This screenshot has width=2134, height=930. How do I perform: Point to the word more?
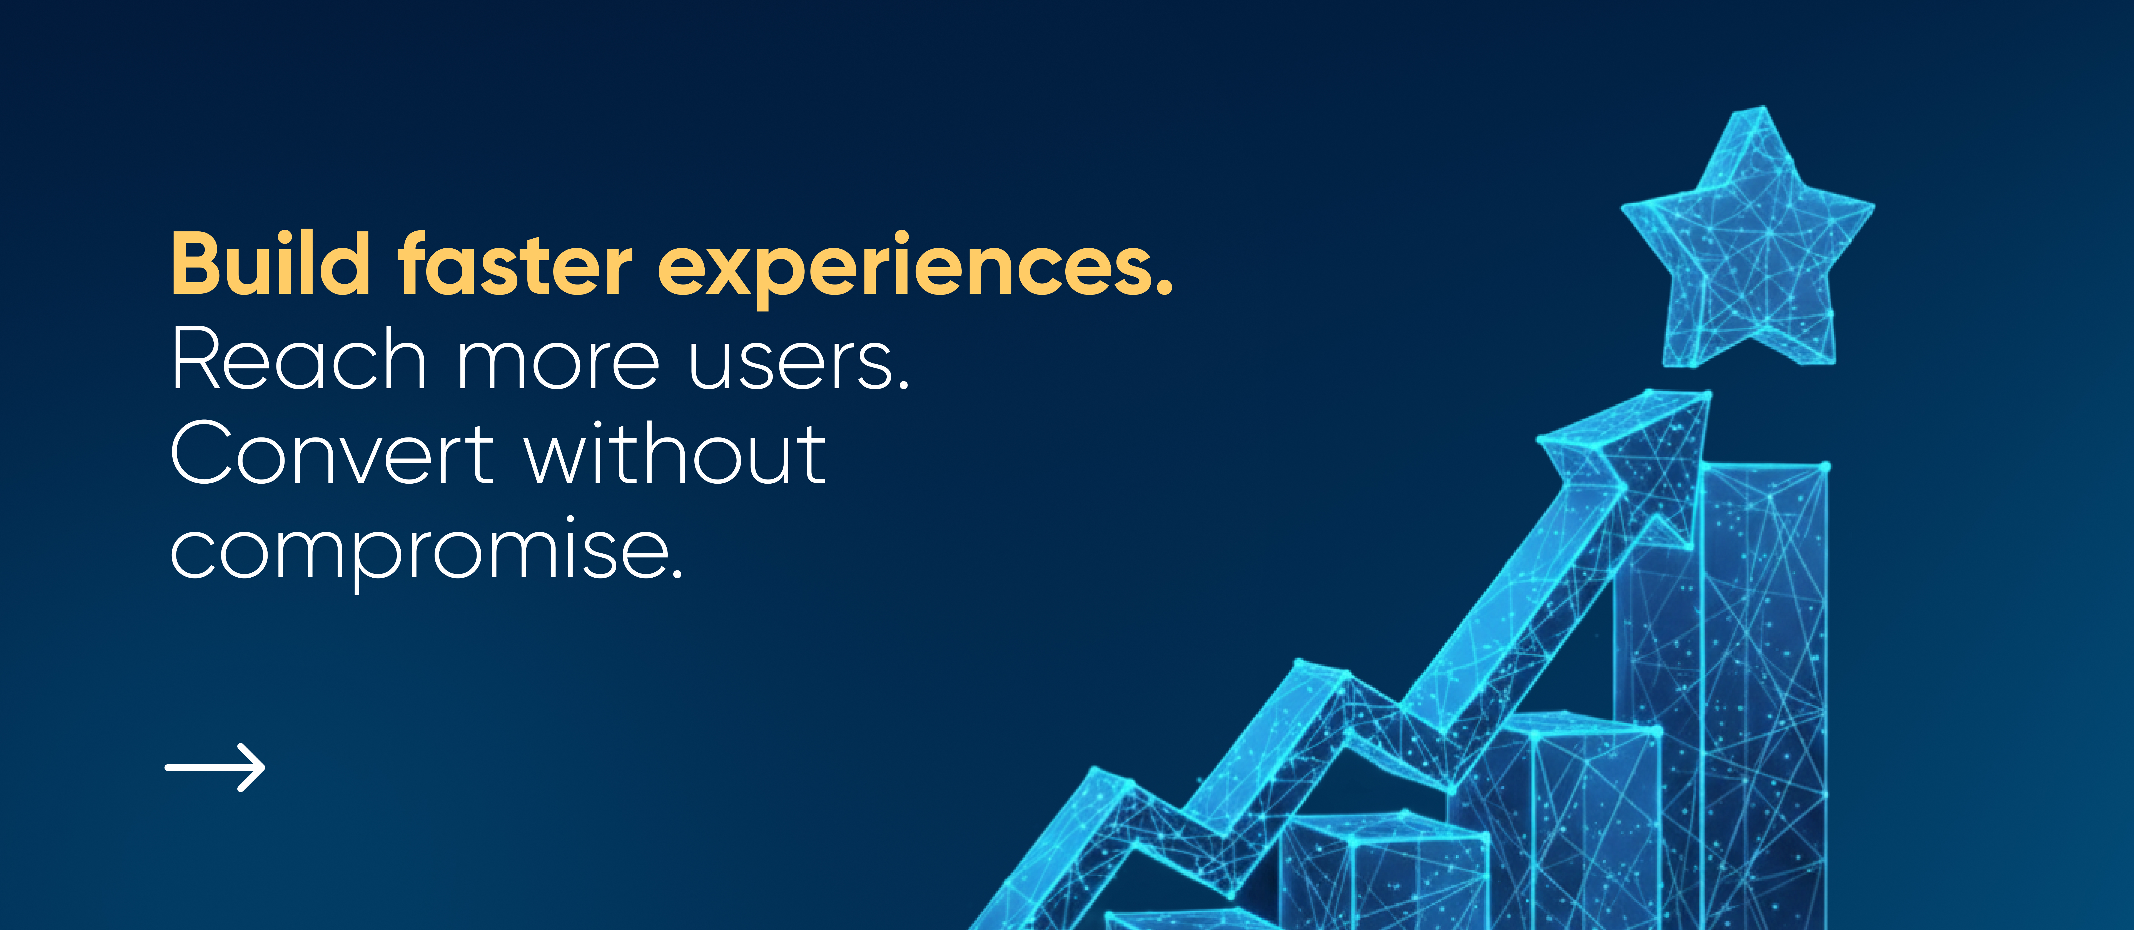pyautogui.click(x=557, y=365)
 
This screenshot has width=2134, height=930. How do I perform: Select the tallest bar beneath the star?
pyautogui.click(x=1763, y=696)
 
